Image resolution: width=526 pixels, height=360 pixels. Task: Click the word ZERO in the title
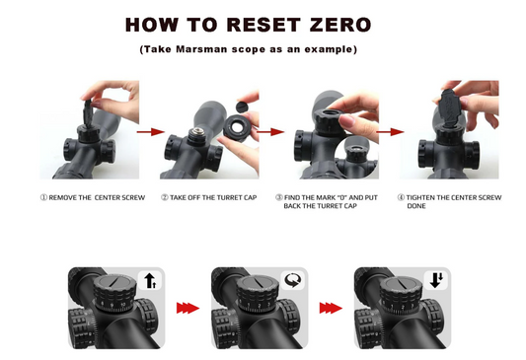click(x=340, y=25)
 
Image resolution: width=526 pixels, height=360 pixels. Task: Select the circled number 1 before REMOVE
click(x=43, y=197)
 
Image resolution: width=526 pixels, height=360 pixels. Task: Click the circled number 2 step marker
click(x=165, y=197)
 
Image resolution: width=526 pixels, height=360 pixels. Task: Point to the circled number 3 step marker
click(x=279, y=197)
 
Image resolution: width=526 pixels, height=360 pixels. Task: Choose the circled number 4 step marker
click(x=402, y=197)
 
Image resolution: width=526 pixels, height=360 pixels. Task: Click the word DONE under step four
click(x=416, y=206)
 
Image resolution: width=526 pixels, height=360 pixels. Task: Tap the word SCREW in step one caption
click(x=134, y=198)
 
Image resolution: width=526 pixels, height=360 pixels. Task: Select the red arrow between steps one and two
click(x=151, y=132)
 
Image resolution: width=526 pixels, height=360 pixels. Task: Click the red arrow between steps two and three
click(x=270, y=132)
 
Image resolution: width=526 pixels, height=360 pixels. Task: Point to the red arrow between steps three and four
click(x=390, y=132)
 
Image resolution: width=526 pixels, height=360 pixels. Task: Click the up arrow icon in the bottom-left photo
click(x=150, y=280)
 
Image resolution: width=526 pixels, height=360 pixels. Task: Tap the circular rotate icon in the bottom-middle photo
click(x=293, y=280)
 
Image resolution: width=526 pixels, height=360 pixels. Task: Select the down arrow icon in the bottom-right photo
click(x=436, y=280)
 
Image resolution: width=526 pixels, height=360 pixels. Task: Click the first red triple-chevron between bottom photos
click(x=188, y=308)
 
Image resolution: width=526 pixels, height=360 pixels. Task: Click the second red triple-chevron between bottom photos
click(x=331, y=308)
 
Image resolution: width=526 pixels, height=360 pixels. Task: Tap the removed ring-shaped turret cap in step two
click(x=237, y=127)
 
